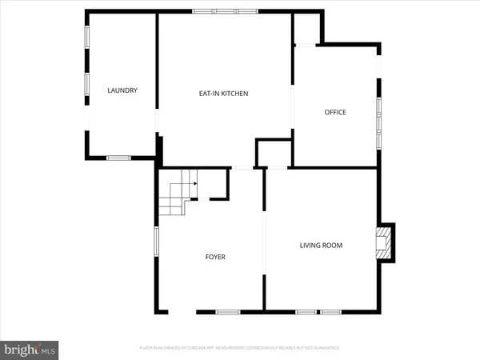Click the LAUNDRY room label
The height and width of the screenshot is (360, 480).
pyautogui.click(x=122, y=90)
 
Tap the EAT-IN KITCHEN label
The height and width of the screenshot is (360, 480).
pyautogui.click(x=224, y=94)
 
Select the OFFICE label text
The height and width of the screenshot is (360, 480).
pyautogui.click(x=335, y=112)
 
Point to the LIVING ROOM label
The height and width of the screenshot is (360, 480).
pyautogui.click(x=321, y=246)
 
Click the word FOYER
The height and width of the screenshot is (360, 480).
pyautogui.click(x=215, y=257)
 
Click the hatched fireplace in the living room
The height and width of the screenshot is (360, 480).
pyautogui.click(x=385, y=242)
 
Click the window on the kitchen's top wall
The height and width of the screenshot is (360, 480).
pyautogui.click(x=225, y=11)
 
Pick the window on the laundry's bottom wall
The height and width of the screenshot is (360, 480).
pyautogui.click(x=118, y=158)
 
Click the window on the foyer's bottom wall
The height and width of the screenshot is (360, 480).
pyautogui.click(x=226, y=310)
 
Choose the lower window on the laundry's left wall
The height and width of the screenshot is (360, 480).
pyautogui.click(x=87, y=84)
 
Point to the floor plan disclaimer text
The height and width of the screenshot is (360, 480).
pyautogui.click(x=240, y=348)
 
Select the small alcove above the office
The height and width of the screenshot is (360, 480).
pyautogui.click(x=307, y=30)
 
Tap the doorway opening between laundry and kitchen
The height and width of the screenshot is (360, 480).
pyautogui.click(x=157, y=120)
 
